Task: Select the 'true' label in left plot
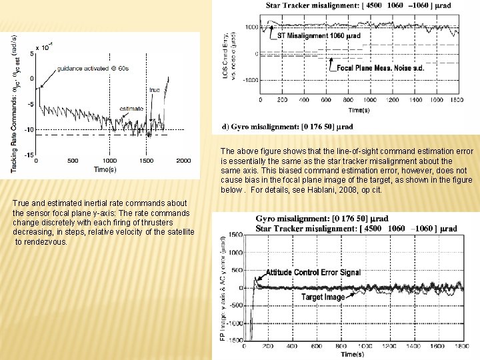click(x=173, y=89)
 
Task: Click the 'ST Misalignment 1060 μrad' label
click(x=309, y=35)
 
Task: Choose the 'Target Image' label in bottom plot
click(x=323, y=297)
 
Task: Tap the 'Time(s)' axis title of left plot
click(x=105, y=170)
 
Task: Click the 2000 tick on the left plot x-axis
click(x=183, y=161)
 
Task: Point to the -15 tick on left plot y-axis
click(x=28, y=155)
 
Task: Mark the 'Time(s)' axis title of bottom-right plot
click(x=352, y=354)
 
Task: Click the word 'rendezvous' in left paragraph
click(x=47, y=241)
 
